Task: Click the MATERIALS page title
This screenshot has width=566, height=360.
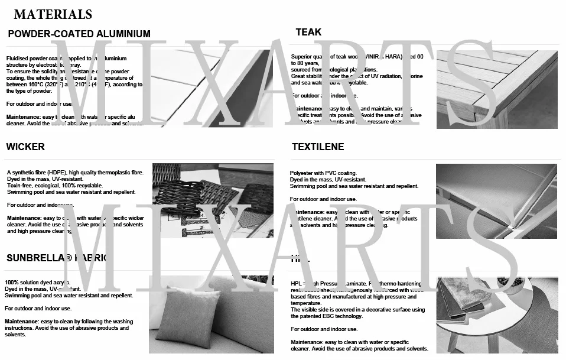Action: click(x=53, y=14)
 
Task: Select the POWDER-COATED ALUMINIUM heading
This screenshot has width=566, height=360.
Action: click(x=79, y=34)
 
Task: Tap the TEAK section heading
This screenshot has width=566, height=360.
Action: click(x=308, y=32)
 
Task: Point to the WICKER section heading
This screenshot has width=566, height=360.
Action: click(x=25, y=146)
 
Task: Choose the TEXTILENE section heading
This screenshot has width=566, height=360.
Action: click(x=318, y=146)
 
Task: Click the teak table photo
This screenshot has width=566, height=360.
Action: click(x=496, y=89)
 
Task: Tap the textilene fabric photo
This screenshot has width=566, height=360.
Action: click(x=496, y=201)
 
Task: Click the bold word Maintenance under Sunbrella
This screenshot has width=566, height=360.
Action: click(x=22, y=322)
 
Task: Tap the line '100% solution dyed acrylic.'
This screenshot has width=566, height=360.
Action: click(x=37, y=283)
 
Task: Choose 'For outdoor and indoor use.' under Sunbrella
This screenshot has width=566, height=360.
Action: click(x=38, y=309)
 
